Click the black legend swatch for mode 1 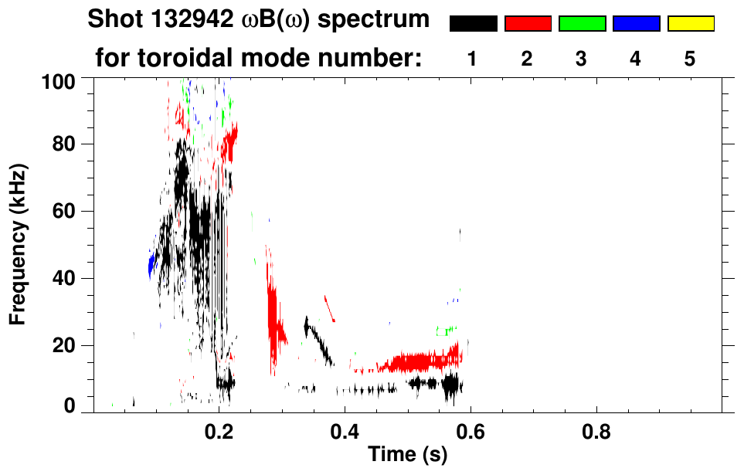(473, 24)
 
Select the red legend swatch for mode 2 (528, 24)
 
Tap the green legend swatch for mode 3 (582, 24)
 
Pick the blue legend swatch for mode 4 (636, 24)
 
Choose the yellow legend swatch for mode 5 (691, 24)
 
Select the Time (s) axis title (407, 455)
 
